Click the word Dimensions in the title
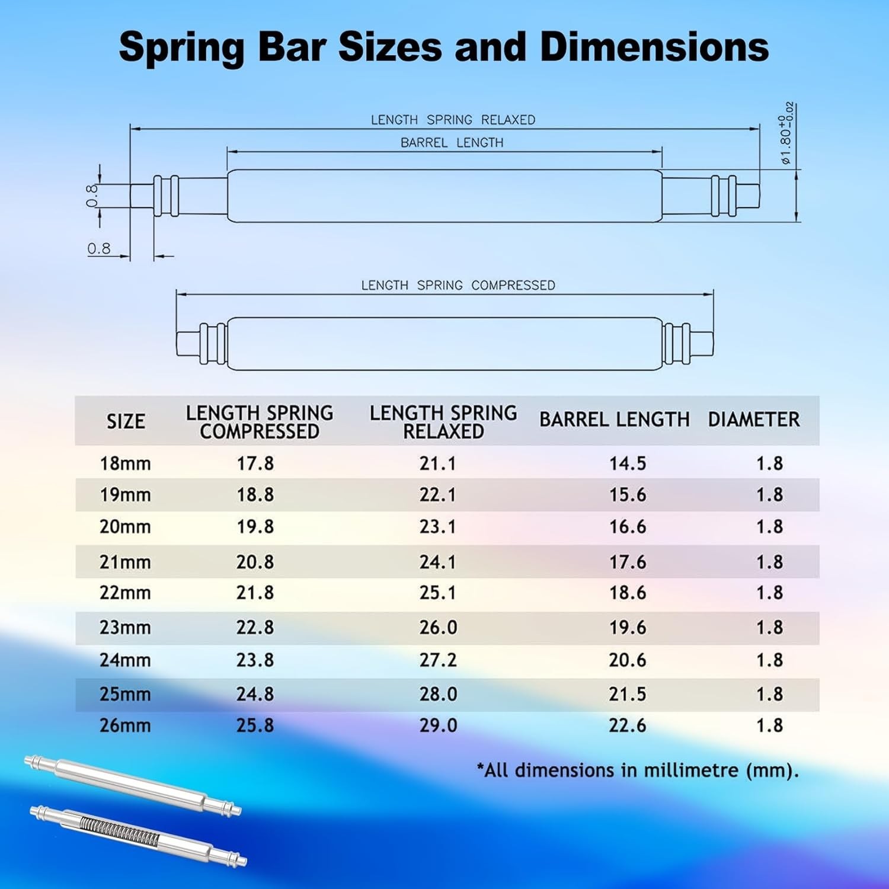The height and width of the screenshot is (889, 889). click(x=654, y=47)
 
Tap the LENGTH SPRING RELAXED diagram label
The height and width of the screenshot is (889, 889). click(x=453, y=120)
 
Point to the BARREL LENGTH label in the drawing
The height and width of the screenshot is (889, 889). click(x=452, y=143)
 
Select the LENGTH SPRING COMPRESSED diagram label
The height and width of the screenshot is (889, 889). click(x=458, y=285)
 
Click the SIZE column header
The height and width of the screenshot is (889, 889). click(x=126, y=421)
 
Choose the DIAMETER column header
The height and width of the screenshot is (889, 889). click(x=753, y=420)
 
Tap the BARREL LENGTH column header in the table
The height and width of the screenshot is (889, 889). click(x=615, y=420)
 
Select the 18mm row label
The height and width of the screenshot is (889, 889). click(x=125, y=463)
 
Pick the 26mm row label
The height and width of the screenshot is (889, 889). click(x=125, y=725)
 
